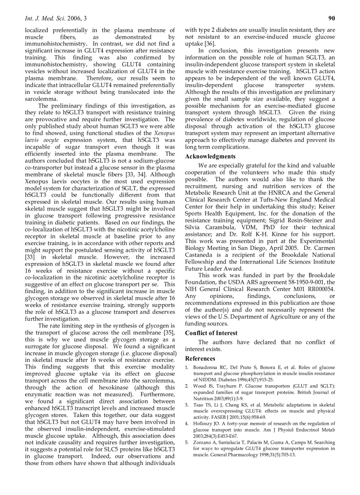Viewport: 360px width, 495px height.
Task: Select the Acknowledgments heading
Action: (x=210, y=156)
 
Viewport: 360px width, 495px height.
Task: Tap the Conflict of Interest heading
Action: (x=211, y=333)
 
